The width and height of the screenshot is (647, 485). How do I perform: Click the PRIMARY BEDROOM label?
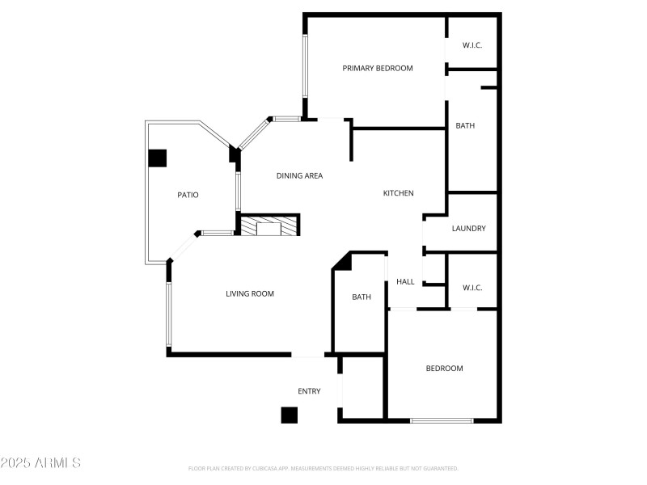[378, 69]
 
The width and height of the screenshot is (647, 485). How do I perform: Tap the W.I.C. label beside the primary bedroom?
[472, 45]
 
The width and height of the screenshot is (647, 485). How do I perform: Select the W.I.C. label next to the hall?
[472, 288]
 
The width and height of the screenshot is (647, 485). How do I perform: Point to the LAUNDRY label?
[469, 229]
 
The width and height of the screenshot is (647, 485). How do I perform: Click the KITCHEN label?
[399, 193]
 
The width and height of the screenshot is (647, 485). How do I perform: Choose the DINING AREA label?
[300, 175]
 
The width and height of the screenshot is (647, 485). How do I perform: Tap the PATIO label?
[188, 195]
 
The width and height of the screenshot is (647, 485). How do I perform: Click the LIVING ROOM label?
[250, 294]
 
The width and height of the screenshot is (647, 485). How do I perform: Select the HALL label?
[405, 282]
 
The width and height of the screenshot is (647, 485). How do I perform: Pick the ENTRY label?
[309, 391]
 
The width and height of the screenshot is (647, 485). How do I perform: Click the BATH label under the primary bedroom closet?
[465, 126]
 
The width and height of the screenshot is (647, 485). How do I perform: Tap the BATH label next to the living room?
[362, 297]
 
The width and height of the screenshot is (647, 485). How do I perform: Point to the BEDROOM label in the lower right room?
[445, 369]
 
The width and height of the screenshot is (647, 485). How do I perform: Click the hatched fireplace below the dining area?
[268, 226]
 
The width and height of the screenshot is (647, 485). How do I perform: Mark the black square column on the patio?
[157, 158]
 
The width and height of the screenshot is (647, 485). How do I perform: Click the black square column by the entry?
[290, 415]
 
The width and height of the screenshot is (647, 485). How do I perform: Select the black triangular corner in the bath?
[341, 261]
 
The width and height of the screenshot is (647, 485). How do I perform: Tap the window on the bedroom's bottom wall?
[442, 420]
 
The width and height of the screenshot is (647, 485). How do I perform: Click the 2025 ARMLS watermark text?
[40, 463]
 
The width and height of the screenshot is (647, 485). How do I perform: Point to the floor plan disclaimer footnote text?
[323, 468]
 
